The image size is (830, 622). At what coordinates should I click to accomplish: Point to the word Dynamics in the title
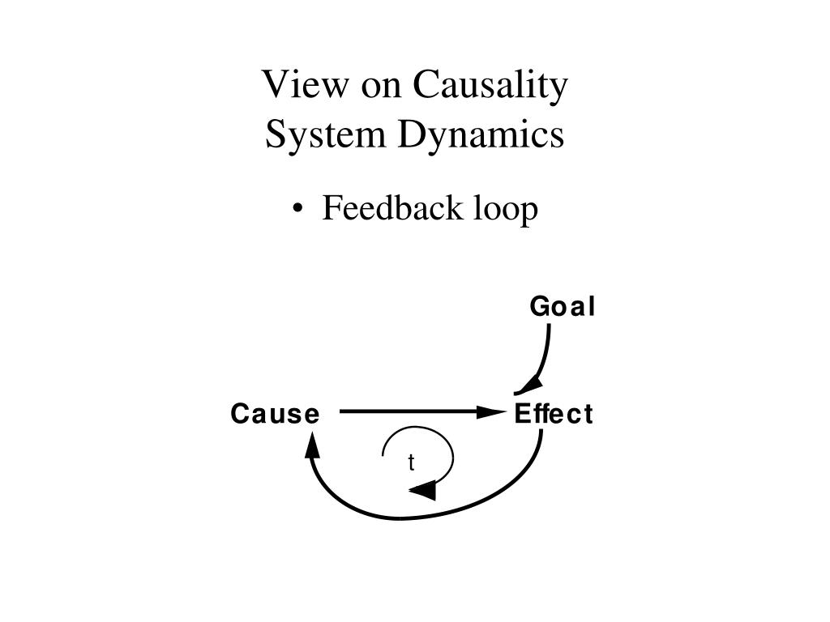pyautogui.click(x=481, y=135)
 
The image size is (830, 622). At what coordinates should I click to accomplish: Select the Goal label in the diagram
pyautogui.click(x=562, y=308)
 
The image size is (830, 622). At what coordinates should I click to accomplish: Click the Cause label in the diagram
pyautogui.click(x=275, y=415)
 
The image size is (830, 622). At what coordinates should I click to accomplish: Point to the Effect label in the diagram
pyautogui.click(x=554, y=415)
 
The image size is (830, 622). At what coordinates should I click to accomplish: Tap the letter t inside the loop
pyautogui.click(x=411, y=462)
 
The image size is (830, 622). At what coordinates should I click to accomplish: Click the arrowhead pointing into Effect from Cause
pyautogui.click(x=491, y=412)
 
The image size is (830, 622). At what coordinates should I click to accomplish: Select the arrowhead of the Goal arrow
pyautogui.click(x=528, y=385)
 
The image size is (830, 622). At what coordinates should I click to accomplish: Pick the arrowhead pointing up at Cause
pyautogui.click(x=312, y=444)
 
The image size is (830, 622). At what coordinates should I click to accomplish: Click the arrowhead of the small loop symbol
pyautogui.click(x=423, y=490)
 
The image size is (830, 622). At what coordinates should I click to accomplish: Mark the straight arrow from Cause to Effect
pyautogui.click(x=413, y=412)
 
